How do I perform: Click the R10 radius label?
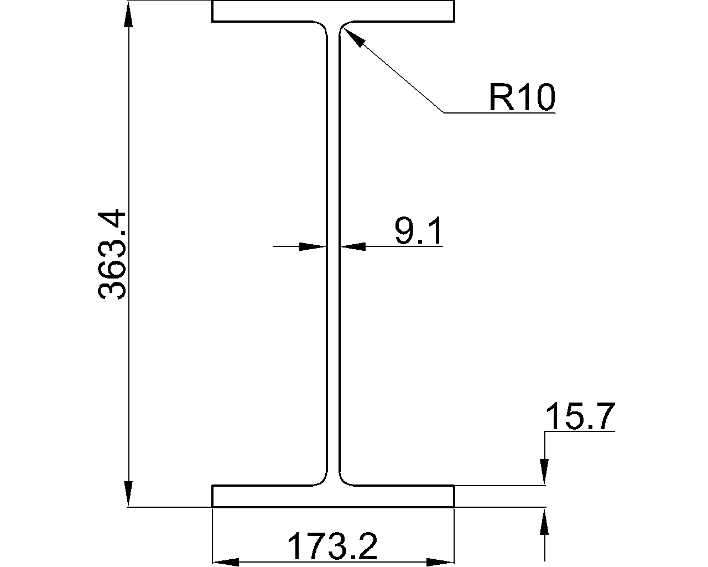coord(521,98)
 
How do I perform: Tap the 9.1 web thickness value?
coord(419,231)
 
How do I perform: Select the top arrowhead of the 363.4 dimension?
coord(128,14)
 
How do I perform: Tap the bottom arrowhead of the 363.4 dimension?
coord(128,494)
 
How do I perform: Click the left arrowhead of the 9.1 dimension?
coord(311,246)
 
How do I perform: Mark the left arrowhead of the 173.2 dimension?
coord(225,562)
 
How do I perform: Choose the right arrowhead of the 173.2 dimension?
coord(441,562)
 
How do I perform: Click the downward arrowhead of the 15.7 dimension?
coord(545,472)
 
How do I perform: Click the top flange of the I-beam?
coord(333,11)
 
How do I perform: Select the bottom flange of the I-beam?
coord(333,496)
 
